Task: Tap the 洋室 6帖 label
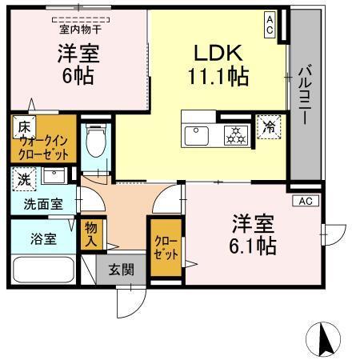tap(76, 66)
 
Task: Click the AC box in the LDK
tap(270, 23)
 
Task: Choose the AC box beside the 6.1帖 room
tap(304, 200)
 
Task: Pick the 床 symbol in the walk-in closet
tap(24, 126)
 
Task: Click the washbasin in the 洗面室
tap(54, 176)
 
